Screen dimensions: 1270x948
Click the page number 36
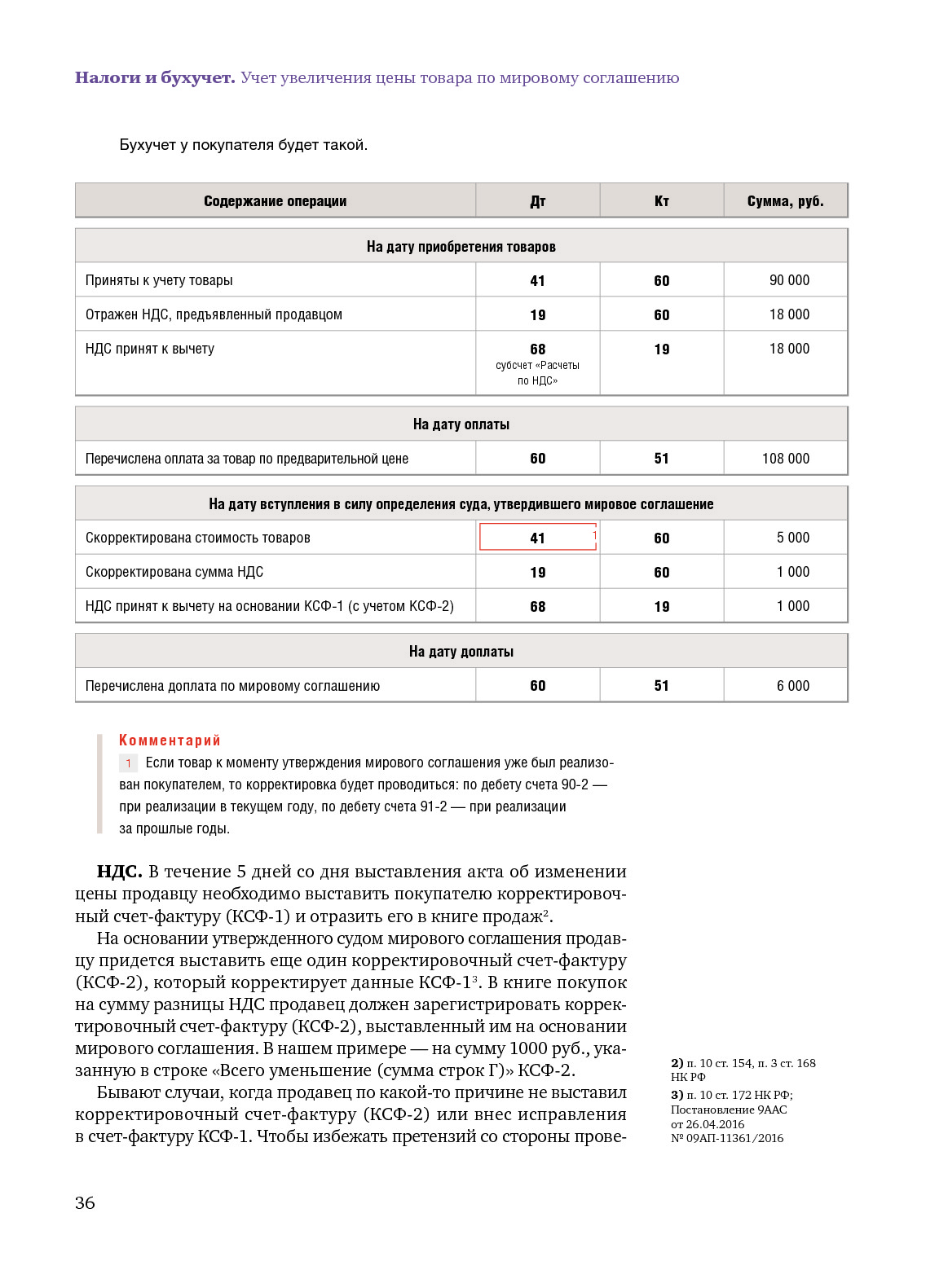coord(85,1203)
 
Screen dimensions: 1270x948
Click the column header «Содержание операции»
coord(275,201)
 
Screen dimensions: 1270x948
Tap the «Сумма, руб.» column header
coord(785,201)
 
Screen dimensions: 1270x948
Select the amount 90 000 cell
coord(789,280)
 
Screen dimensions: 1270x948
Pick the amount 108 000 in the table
coord(786,459)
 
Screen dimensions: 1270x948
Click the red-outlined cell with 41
coord(538,538)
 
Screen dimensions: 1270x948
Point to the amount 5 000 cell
coord(792,538)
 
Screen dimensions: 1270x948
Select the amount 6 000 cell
coord(792,686)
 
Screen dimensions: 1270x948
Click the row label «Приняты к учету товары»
coord(159,280)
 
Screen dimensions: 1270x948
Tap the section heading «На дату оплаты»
coord(461,424)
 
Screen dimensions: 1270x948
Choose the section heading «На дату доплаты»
coord(461,652)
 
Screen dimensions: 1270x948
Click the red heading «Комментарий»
coord(170,740)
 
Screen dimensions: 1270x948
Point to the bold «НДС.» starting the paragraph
coord(119,872)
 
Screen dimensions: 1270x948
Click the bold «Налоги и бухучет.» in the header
coord(155,78)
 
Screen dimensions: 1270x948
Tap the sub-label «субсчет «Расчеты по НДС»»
coord(537,373)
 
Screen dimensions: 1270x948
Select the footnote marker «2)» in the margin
coord(677,1063)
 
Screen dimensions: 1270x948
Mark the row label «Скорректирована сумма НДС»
coord(174,572)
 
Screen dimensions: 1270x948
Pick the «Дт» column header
coord(537,201)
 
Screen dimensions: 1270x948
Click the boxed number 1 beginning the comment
coord(128,763)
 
